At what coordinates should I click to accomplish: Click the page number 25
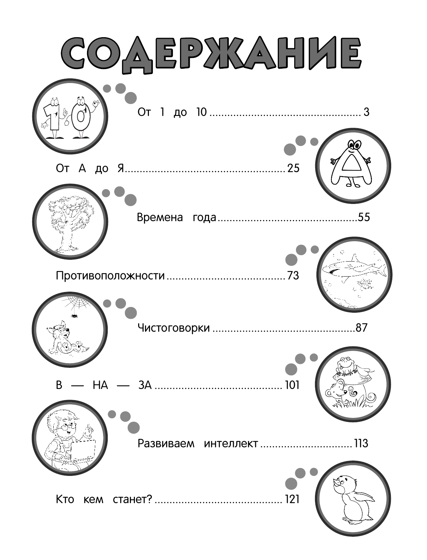point(293,168)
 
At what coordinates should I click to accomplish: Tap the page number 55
point(363,217)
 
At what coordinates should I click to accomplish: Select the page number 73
point(293,276)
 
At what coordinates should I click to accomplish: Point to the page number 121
point(292,499)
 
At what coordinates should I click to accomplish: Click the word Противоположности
point(111,276)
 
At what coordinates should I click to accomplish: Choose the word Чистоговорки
point(174,328)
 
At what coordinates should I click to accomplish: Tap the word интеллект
point(231,444)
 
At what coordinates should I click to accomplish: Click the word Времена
point(160,217)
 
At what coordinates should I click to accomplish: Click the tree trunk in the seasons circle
point(65,239)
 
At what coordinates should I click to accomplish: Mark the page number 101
point(292,385)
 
